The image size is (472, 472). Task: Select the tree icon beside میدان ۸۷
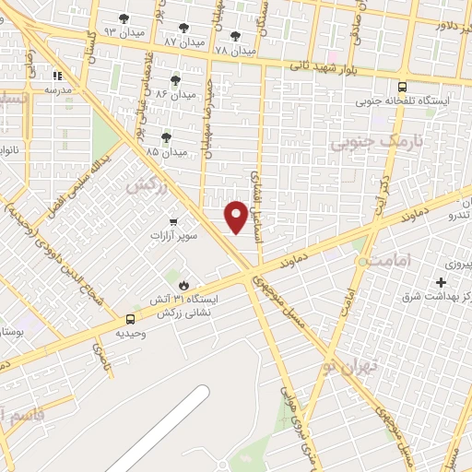[184, 28]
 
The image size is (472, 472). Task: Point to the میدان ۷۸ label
[234, 50]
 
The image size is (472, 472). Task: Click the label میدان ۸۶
[176, 94]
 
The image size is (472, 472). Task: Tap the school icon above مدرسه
[57, 77]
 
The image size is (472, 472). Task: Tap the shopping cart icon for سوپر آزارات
[173, 221]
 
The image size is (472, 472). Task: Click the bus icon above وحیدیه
[131, 319]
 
